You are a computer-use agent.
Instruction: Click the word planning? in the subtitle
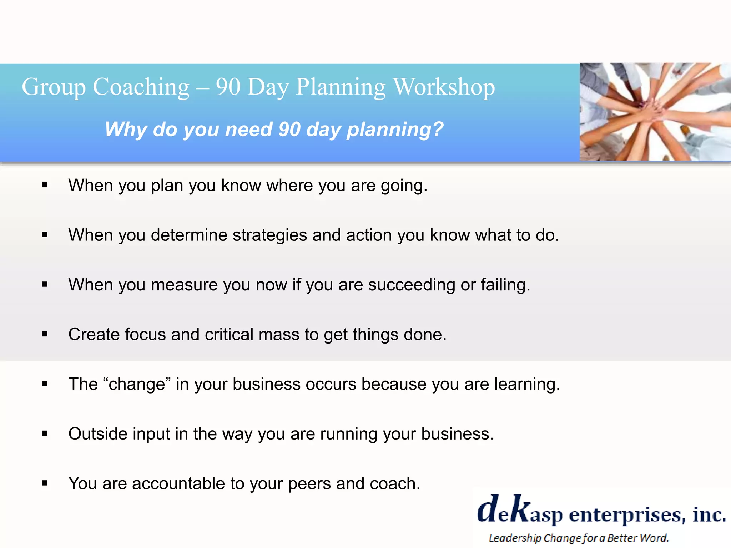pos(395,130)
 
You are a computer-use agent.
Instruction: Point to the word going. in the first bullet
pos(404,186)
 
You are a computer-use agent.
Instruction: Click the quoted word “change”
pos(136,384)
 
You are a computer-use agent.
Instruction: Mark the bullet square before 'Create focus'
pos(45,334)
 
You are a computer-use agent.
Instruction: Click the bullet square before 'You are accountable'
pos(45,483)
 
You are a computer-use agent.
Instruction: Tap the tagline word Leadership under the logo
pos(515,538)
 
